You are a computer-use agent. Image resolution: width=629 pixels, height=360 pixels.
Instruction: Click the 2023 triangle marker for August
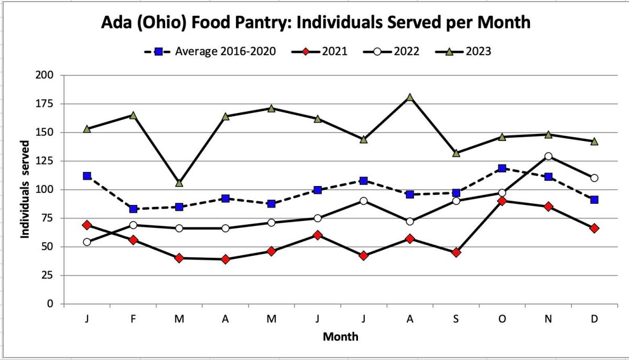409,97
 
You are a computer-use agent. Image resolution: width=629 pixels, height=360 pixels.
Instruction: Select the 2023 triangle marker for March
179,183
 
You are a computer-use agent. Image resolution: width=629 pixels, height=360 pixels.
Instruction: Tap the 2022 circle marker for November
548,156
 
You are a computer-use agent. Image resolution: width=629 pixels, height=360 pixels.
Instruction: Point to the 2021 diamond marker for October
502,201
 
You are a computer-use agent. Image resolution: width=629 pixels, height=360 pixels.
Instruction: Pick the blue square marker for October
502,168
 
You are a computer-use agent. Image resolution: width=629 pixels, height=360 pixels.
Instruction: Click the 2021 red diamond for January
87,225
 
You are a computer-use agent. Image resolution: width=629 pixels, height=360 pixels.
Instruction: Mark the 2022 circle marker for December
594,178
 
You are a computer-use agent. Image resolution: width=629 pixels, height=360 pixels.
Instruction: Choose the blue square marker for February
133,209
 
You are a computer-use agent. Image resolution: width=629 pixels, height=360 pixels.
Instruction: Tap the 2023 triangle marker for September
456,153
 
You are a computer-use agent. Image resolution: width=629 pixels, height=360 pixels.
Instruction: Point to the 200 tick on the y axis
46,75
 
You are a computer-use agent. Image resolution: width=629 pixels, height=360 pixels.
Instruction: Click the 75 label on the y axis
48,218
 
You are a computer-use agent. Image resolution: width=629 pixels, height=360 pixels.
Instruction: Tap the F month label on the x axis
133,319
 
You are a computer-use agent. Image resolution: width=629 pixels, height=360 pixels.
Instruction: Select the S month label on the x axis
456,319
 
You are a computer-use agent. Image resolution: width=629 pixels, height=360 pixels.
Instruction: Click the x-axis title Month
340,336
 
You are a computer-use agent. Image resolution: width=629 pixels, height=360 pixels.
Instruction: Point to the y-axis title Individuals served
25,189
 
